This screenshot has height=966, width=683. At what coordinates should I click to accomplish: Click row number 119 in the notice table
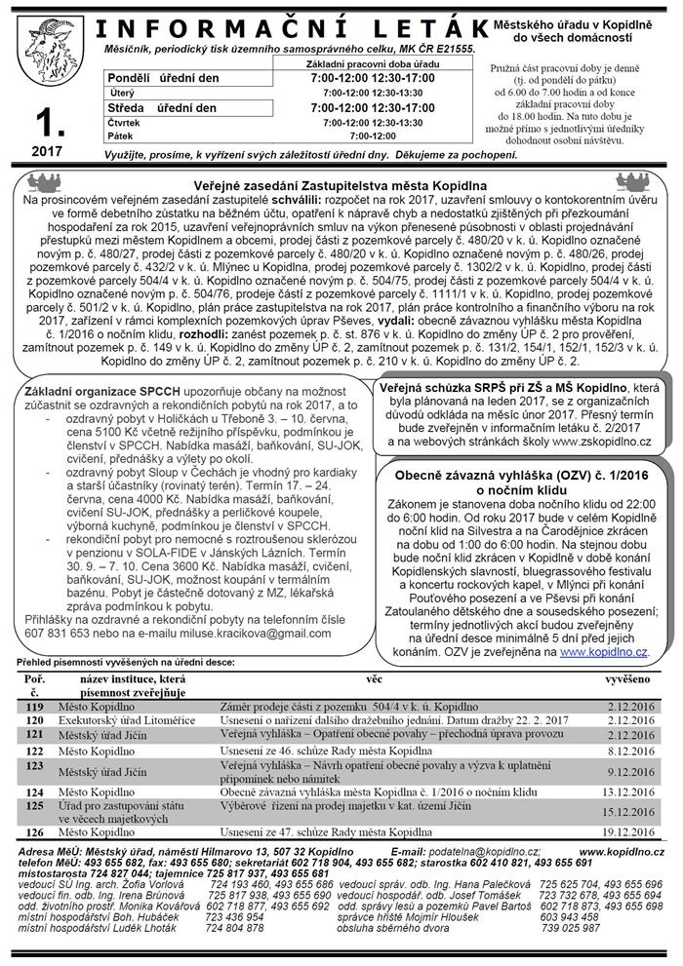click(35, 705)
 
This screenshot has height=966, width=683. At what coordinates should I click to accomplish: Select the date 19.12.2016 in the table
click(629, 832)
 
